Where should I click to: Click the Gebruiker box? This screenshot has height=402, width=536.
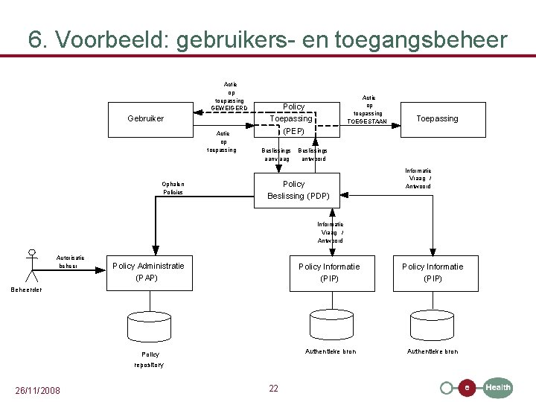(x=146, y=119)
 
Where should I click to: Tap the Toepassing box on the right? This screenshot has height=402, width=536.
(x=437, y=119)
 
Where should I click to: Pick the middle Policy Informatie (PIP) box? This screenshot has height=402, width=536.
(x=329, y=272)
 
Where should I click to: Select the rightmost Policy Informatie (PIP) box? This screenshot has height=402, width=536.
(x=433, y=272)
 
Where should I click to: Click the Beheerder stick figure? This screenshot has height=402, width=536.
(x=31, y=264)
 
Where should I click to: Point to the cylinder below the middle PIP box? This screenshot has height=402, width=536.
(x=330, y=322)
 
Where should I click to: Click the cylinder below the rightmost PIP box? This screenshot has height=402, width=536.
(x=432, y=322)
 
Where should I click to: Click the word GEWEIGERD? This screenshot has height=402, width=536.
(x=229, y=109)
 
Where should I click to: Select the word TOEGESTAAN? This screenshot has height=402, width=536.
(x=368, y=121)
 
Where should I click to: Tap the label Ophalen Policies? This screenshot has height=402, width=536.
(x=173, y=188)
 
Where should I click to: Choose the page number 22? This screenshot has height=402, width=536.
(x=273, y=388)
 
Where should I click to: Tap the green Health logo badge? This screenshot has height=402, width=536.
(x=497, y=387)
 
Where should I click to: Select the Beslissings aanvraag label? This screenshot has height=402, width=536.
(x=276, y=154)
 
